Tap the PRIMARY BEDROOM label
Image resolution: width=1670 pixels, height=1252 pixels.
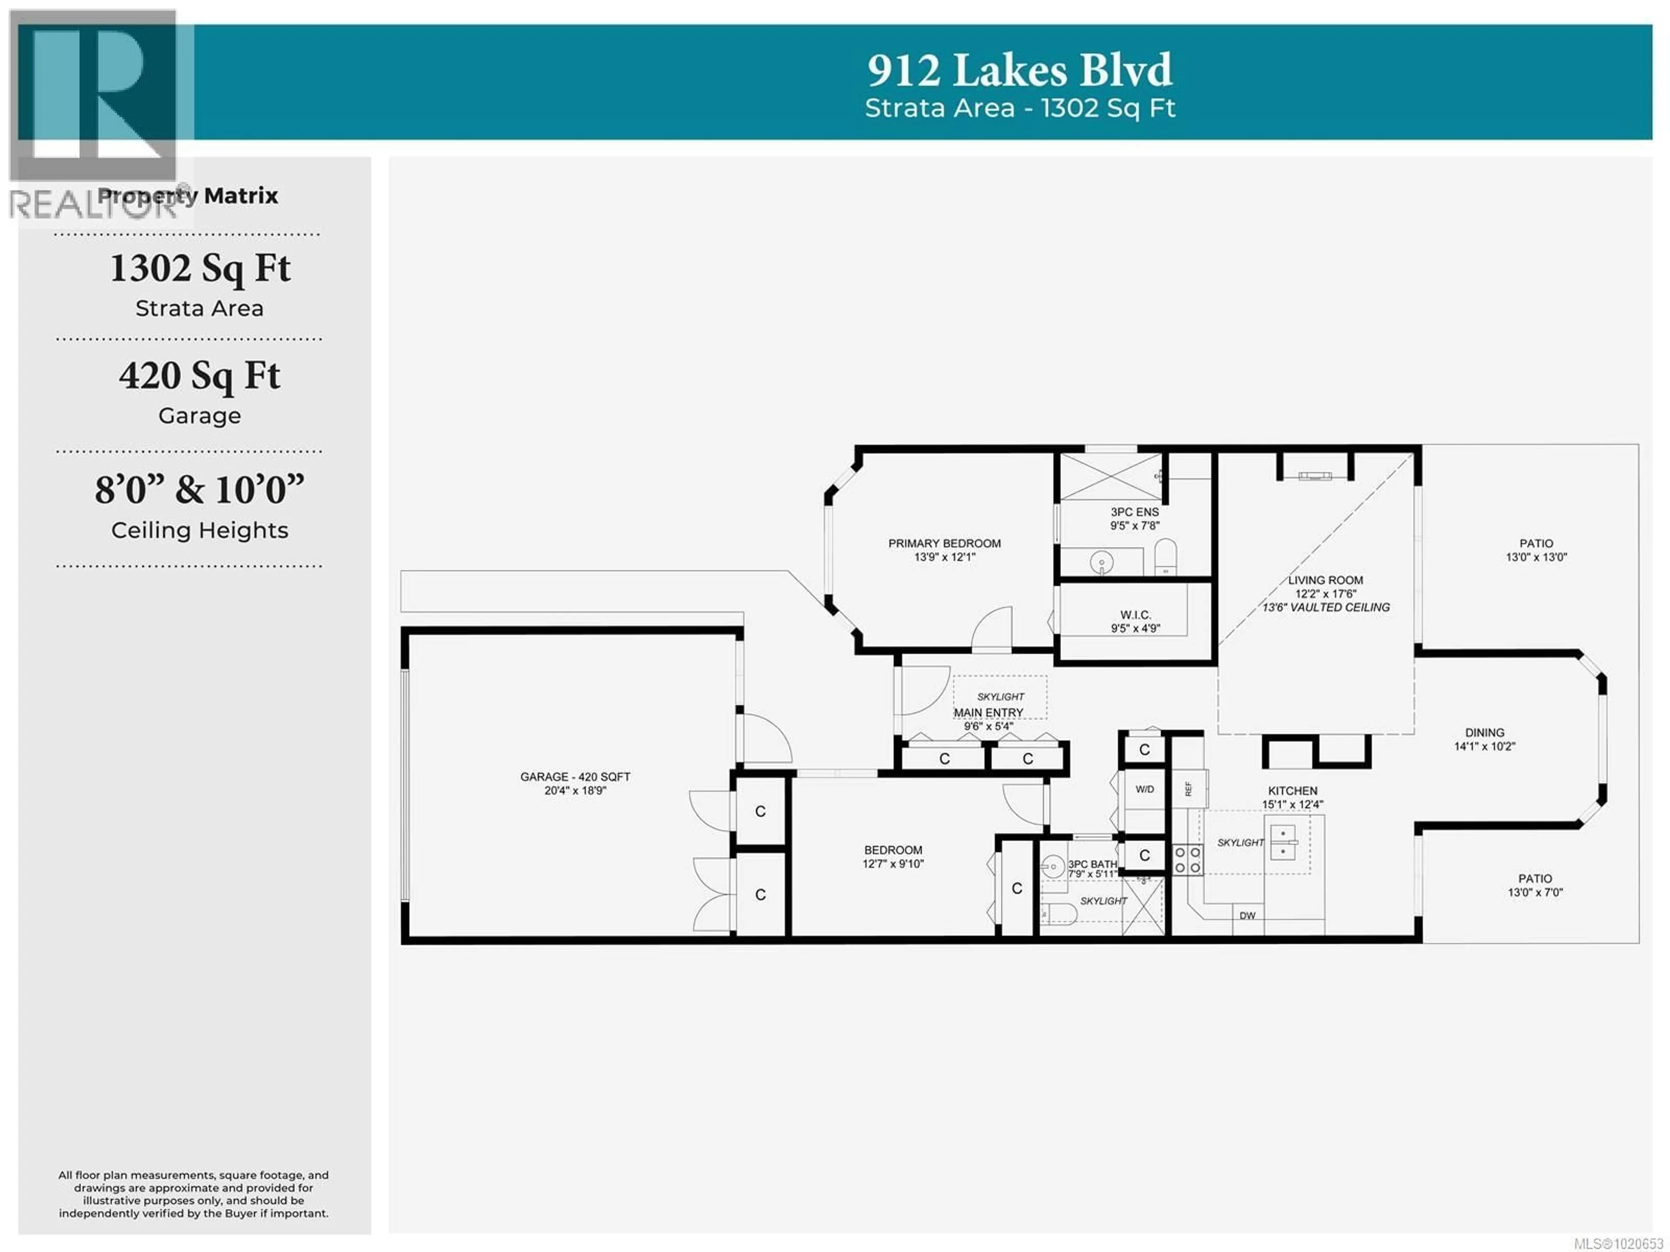[x=945, y=543]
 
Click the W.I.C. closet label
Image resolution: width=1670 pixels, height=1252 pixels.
[x=1135, y=615]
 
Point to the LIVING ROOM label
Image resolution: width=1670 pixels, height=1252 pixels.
[x=1325, y=580]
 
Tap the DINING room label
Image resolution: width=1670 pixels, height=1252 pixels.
[x=1484, y=733]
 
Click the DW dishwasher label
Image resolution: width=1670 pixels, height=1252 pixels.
[x=1247, y=915]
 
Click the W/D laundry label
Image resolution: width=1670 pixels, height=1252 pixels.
[x=1145, y=789]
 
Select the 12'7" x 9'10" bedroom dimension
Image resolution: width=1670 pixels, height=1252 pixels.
[x=893, y=864]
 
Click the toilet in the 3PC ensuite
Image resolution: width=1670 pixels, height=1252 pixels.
[x=1166, y=556]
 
